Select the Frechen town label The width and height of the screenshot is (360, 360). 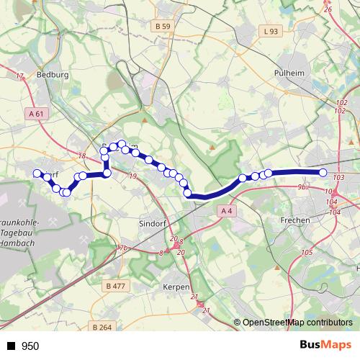click(296, 220)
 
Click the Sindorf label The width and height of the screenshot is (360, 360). click(153, 224)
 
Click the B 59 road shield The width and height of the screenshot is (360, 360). click(163, 47)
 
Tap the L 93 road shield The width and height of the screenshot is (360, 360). click(271, 31)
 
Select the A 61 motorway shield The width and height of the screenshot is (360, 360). click(37, 113)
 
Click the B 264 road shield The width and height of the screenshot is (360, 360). click(102, 327)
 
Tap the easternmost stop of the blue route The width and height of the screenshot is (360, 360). click(323, 172)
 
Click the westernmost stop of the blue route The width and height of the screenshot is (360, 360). click(37, 173)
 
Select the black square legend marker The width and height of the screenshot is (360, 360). click(11, 346)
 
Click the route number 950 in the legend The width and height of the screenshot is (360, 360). click(30, 346)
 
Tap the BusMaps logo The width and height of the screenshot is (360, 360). click(325, 345)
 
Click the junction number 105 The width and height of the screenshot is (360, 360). click(307, 251)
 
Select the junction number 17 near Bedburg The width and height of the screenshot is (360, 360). click(19, 76)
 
